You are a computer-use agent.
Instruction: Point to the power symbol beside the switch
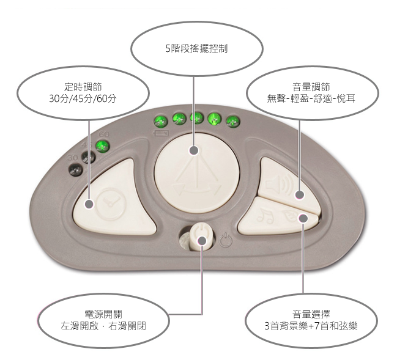tap(225, 240)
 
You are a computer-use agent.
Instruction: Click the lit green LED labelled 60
tap(102, 145)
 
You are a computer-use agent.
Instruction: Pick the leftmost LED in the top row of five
tap(161, 119)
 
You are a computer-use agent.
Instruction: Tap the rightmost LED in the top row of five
tap(232, 120)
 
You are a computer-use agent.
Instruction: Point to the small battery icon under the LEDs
tap(162, 131)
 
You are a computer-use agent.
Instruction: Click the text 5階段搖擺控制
tap(196, 48)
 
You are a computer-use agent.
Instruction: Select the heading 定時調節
tap(82, 86)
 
